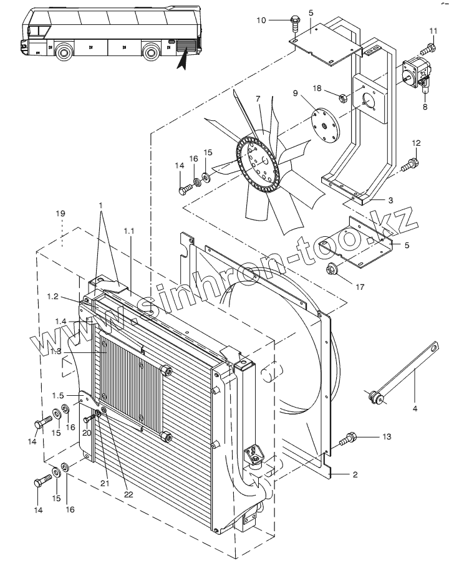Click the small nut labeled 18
tap(343, 97)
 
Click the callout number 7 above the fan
tap(257, 99)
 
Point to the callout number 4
tap(415, 409)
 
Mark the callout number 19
tap(60, 214)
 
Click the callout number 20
tap(87, 432)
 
